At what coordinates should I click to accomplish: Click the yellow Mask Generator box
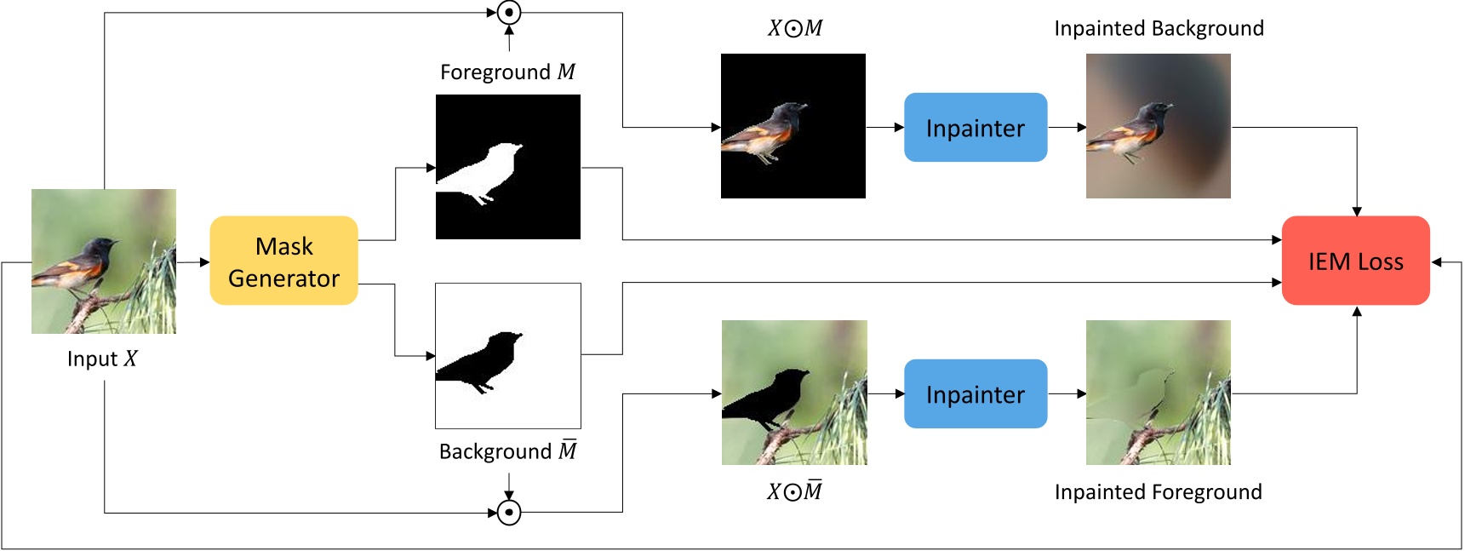coord(283,261)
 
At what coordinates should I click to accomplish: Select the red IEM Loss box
coord(1355,261)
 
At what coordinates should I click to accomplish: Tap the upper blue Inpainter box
coord(975,128)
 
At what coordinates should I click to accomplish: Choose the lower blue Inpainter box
coord(975,393)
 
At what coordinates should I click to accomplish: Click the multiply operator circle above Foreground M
coord(509,13)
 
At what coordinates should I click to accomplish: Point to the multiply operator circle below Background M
coord(509,513)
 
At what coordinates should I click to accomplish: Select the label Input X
coord(102,359)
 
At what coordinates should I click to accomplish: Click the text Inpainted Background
coord(1159,29)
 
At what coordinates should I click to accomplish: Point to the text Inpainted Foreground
coord(1158,492)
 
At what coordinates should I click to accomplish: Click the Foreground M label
coord(507,72)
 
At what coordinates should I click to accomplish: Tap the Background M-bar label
coord(507,451)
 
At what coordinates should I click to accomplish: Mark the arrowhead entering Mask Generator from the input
coord(204,262)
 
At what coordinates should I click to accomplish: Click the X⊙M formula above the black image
coord(795,29)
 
